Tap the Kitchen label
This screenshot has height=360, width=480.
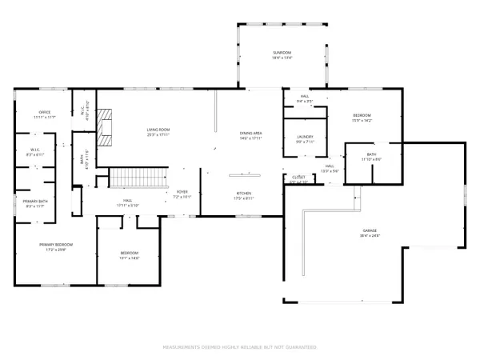point(244,194)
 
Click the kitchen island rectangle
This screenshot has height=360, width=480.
point(245,173)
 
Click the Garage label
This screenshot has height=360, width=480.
point(369,234)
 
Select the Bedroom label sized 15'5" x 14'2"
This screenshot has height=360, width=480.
point(362,118)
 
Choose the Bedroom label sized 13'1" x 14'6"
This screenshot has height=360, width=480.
point(130,255)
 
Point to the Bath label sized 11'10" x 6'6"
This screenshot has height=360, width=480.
point(371,157)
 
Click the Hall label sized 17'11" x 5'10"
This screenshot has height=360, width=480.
point(127,203)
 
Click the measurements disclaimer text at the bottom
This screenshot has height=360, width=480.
point(240,347)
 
